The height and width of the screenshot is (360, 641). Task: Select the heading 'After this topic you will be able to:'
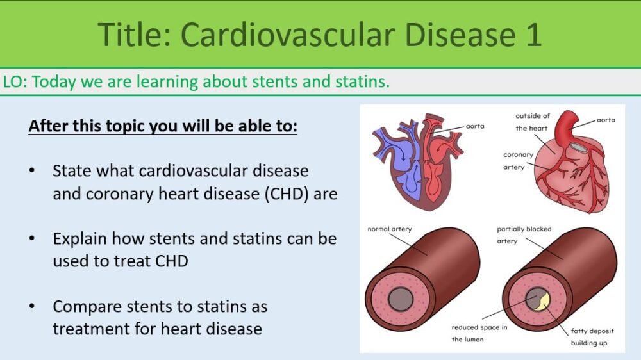(x=163, y=126)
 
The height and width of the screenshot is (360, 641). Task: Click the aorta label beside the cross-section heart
(x=474, y=126)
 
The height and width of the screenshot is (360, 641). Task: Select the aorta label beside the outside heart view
(x=606, y=120)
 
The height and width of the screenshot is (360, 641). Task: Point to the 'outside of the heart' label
(x=532, y=122)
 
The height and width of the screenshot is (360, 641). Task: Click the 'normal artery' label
(x=390, y=229)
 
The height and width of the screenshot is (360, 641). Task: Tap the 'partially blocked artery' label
(x=524, y=234)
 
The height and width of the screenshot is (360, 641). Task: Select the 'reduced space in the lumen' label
(x=479, y=333)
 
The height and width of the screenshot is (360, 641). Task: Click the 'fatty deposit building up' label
(x=592, y=337)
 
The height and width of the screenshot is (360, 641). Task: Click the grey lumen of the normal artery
(x=401, y=298)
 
